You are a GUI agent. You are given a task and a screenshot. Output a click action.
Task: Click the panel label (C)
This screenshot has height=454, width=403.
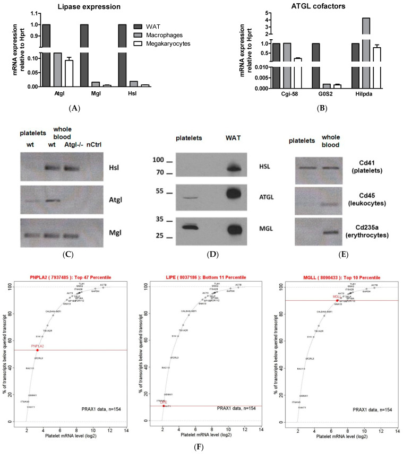pyautogui.click(x=67, y=254)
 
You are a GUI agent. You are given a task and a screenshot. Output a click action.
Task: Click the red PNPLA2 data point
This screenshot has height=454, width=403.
pyautogui.click(x=37, y=350)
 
